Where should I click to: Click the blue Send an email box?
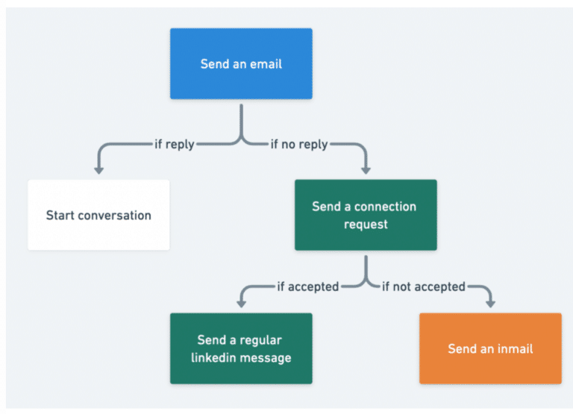[240, 63]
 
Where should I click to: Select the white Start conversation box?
[98, 215]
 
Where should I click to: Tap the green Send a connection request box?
[366, 215]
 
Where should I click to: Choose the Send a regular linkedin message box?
[240, 348]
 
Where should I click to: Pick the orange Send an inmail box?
[490, 348]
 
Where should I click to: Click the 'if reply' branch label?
[174, 145]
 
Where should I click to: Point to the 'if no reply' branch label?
[298, 145]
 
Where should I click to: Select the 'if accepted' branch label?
[308, 286]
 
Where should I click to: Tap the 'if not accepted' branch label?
[423, 286]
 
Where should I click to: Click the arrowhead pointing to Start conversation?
[98, 170]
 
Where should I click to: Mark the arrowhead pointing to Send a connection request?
[366, 170]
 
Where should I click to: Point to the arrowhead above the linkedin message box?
[241, 304]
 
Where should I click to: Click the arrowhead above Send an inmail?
[490, 304]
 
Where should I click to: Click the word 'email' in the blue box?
[265, 64]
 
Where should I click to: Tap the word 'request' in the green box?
[366, 224]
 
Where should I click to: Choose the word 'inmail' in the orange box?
[514, 349]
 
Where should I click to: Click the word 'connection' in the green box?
[385, 207]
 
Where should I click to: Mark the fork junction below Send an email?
[241, 139]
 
